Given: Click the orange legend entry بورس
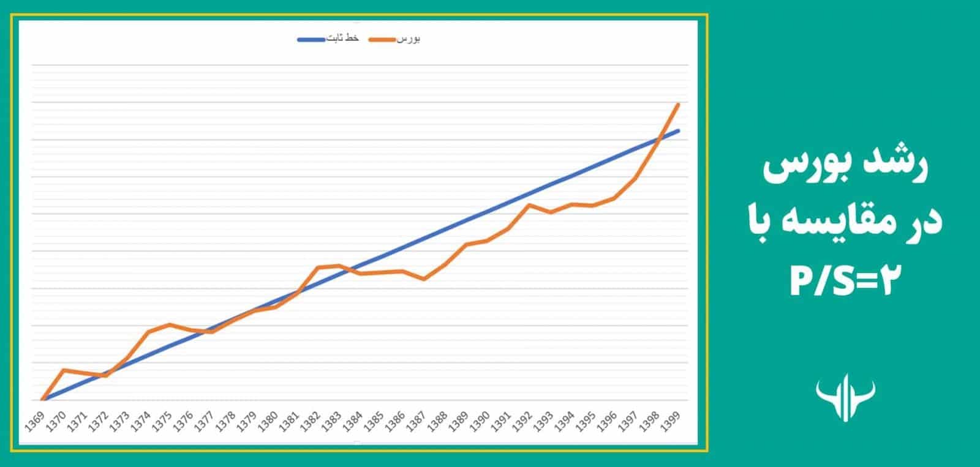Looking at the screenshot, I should coord(398,39).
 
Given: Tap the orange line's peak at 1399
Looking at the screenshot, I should coord(678,105).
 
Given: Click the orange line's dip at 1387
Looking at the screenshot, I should coord(424,279).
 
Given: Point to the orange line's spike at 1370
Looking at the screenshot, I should coord(64,370).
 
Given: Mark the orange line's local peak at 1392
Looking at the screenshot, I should coord(529,204).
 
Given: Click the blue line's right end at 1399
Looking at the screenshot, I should coord(678,130).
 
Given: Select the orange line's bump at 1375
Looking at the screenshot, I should coord(170,324).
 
